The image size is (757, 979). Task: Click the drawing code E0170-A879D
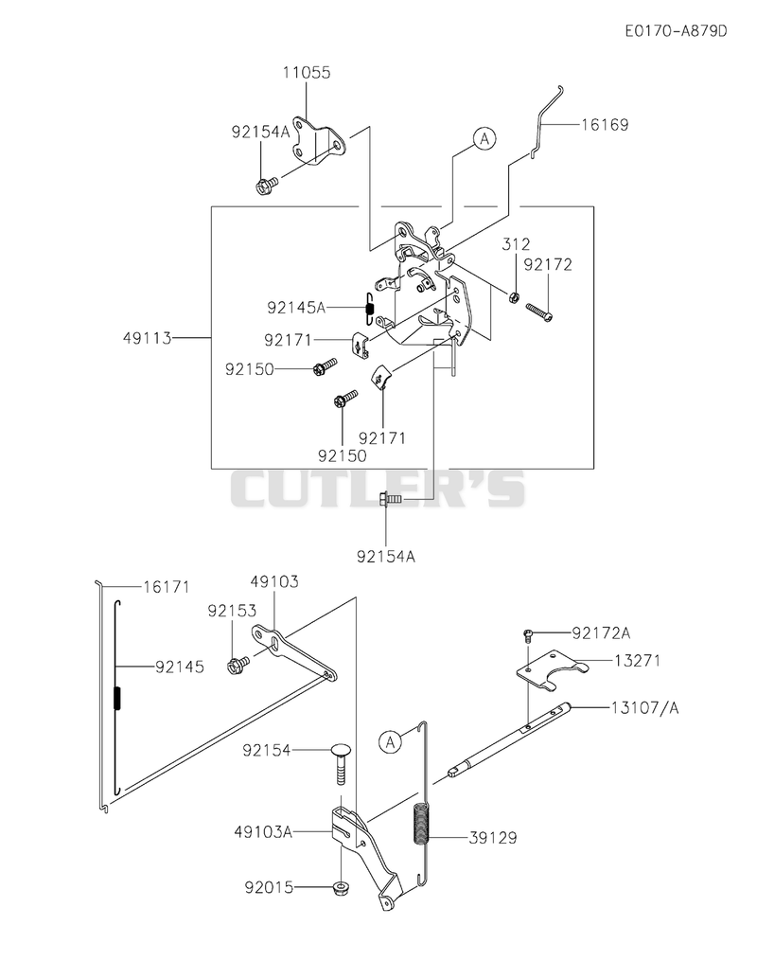coord(677,30)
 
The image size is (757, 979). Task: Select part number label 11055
coord(307,72)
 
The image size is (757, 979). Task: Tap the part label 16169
coord(605,124)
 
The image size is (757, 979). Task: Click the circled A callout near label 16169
coord(484,138)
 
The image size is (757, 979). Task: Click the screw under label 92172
coord(538,312)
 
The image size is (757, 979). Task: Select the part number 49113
coord(147,338)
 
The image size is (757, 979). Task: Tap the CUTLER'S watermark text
coord(378,489)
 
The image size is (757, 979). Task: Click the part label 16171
coord(166,587)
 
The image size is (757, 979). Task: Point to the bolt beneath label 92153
coord(238,664)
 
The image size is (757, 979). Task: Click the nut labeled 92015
coord(341,886)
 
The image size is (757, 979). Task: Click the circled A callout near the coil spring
coord(390,742)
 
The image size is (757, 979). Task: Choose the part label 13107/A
coord(646,707)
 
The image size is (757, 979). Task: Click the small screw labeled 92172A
coord(528,635)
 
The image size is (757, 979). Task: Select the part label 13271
coord(637,660)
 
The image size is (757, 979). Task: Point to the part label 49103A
coord(263,831)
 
